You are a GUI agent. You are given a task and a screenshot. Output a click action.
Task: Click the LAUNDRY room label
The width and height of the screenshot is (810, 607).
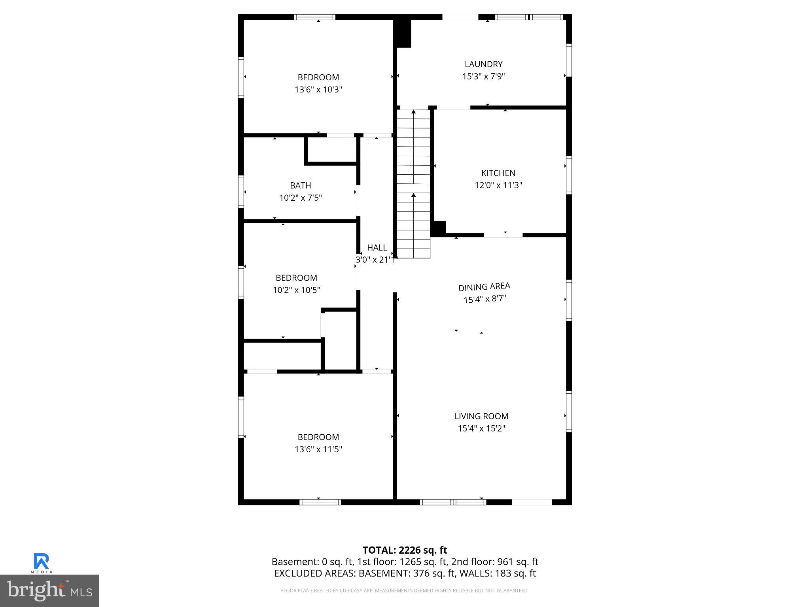[x=483, y=64]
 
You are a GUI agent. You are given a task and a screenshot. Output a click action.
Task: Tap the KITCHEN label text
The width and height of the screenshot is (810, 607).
[x=498, y=173]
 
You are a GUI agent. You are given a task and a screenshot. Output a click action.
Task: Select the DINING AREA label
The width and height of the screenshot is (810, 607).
[x=484, y=287]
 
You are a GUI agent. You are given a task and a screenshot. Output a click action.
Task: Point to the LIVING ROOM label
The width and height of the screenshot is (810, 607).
[x=481, y=416]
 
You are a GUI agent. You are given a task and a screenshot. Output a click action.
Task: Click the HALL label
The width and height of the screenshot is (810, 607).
[x=377, y=248]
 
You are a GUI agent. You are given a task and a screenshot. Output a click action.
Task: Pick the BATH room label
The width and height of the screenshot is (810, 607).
[x=300, y=185]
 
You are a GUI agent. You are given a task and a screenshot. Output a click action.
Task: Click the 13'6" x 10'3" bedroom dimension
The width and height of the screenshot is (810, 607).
[x=318, y=90]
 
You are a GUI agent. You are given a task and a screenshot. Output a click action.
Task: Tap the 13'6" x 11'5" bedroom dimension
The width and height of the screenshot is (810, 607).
[x=318, y=449]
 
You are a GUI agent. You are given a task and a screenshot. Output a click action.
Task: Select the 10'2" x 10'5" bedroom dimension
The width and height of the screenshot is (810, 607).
[x=296, y=290]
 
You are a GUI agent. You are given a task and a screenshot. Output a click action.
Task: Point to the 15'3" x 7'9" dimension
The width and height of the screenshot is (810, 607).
[x=483, y=77]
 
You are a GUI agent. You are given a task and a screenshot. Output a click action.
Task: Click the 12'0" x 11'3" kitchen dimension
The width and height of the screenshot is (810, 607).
[x=498, y=185]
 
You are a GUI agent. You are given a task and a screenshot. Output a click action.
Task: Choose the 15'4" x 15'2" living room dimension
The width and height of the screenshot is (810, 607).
[x=481, y=428]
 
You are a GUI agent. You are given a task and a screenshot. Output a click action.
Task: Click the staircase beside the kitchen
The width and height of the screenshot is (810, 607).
[x=413, y=184]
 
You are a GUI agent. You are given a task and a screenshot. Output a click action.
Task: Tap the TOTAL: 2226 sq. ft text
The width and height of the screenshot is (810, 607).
[x=405, y=550]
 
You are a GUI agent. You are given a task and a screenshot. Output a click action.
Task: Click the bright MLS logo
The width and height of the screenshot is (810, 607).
[x=49, y=591]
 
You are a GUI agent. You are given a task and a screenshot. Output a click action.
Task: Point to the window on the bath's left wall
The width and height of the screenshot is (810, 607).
[x=240, y=191]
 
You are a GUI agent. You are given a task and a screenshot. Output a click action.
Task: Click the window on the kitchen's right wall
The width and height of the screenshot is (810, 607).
[x=569, y=175]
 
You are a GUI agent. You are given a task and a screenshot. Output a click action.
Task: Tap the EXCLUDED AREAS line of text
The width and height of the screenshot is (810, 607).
[x=405, y=573]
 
